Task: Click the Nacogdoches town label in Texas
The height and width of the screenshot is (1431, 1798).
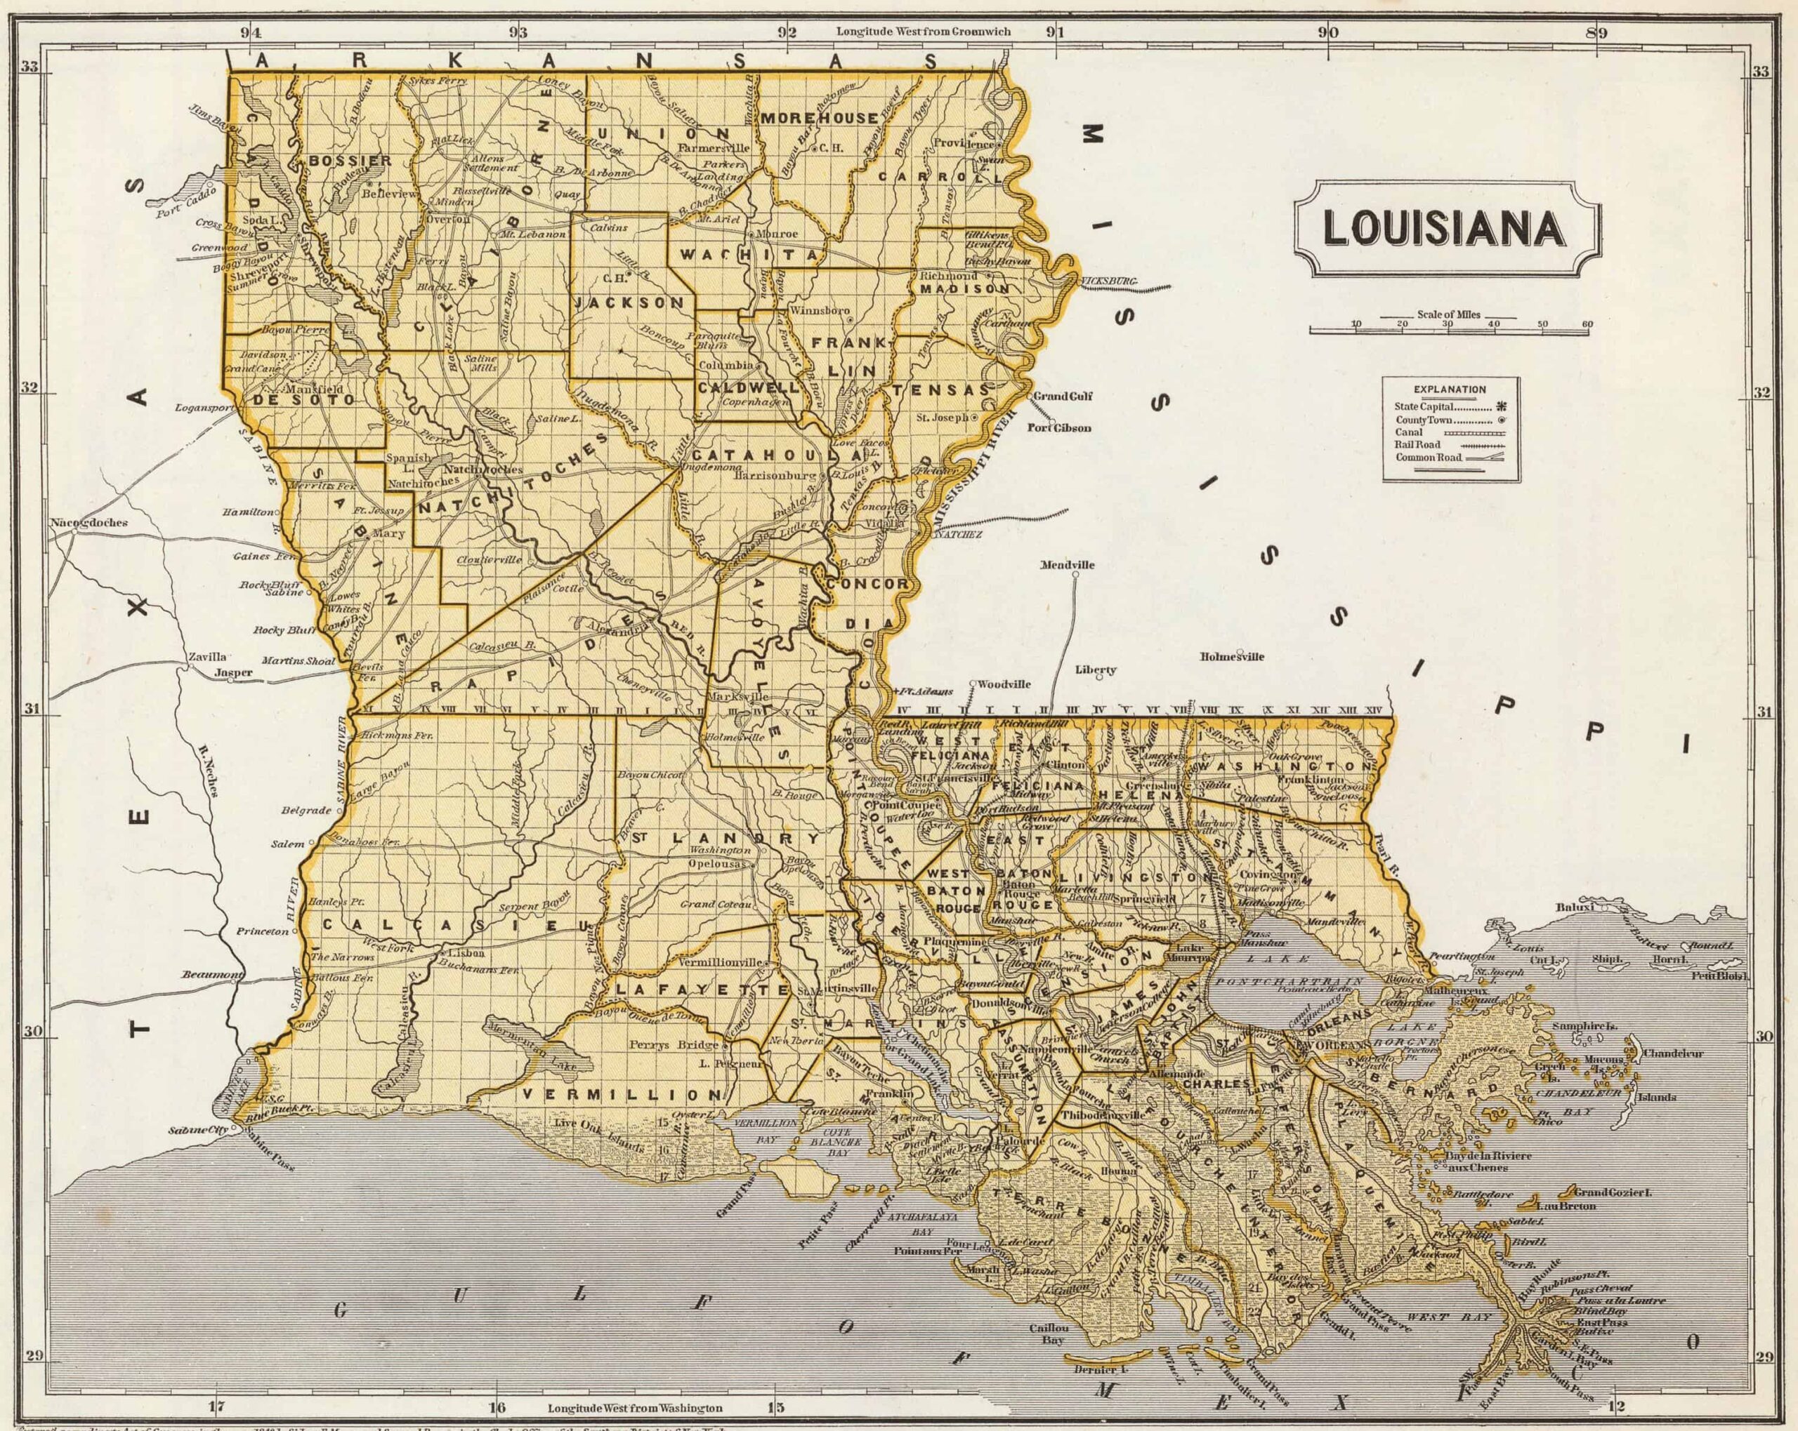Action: pos(88,523)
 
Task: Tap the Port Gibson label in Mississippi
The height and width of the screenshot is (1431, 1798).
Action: pos(1058,427)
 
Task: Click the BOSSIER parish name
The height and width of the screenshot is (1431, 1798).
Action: pos(338,159)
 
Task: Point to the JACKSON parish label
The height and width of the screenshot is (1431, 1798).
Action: pos(629,302)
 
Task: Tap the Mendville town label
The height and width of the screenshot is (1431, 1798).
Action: pos(1067,564)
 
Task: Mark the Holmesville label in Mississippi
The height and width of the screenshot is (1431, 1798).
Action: pos(1232,656)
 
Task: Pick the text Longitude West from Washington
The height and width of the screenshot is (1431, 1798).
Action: pos(635,1408)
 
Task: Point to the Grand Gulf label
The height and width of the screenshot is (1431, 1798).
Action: pos(1063,396)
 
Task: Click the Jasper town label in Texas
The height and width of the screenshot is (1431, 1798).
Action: pos(232,672)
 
